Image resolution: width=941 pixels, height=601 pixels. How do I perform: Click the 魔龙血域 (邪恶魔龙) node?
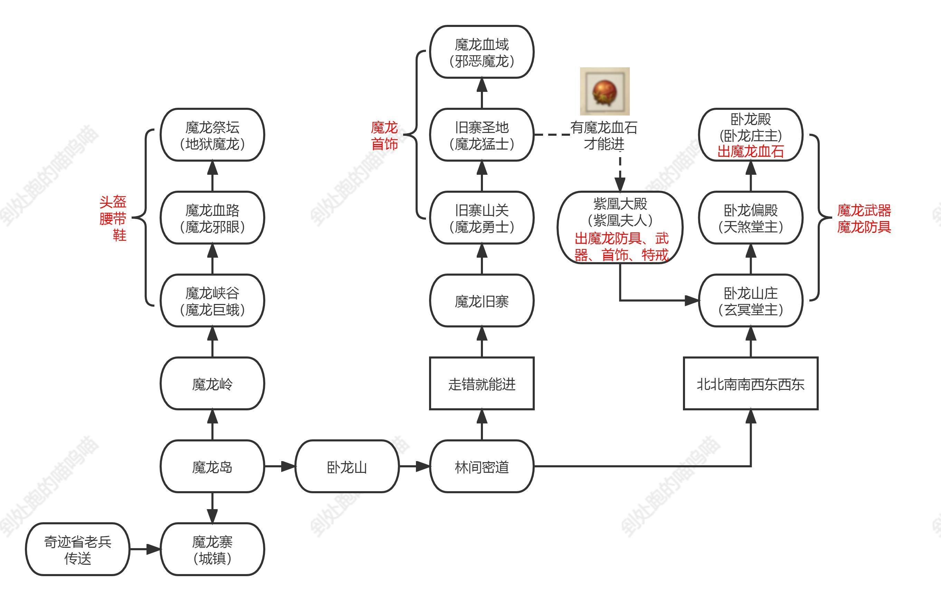[482, 52]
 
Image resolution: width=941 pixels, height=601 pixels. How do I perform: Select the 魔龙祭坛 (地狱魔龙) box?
[212, 135]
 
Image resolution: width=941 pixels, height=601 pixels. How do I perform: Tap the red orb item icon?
[605, 92]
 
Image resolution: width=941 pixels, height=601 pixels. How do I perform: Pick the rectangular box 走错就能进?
[482, 383]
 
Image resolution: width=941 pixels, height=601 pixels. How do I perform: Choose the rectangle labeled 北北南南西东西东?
[750, 383]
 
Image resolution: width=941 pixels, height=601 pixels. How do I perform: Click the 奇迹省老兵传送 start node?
[77, 549]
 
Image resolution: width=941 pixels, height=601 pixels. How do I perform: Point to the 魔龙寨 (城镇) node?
[212, 549]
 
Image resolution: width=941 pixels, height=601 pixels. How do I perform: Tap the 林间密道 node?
[482, 466]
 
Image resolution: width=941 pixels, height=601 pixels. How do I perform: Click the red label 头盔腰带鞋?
[113, 218]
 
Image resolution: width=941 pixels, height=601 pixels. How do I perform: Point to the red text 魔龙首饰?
[384, 135]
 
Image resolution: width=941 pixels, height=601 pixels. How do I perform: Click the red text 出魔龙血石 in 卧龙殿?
[750, 151]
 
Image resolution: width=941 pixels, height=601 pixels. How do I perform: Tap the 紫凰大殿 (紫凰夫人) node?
[620, 227]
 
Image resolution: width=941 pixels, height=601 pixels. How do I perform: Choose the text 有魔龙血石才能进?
[604, 135]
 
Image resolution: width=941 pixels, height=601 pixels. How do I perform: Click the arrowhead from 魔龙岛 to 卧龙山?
[288, 466]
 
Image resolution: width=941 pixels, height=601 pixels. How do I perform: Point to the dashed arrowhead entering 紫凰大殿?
[620, 184]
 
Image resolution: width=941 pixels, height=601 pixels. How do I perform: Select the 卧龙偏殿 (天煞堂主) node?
[750, 218]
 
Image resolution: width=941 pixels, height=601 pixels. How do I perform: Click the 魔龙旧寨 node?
[482, 300]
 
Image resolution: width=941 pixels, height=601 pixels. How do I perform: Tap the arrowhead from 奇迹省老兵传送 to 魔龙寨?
[154, 549]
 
